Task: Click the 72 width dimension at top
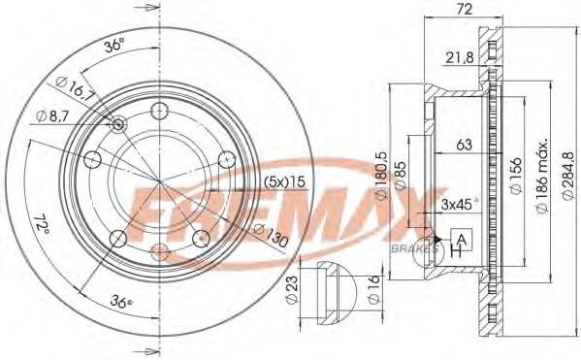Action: click(465, 9)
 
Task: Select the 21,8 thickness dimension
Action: click(460, 57)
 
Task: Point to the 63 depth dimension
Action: click(464, 145)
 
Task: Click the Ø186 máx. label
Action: click(542, 177)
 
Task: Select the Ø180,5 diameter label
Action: click(381, 176)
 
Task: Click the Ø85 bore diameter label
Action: click(401, 176)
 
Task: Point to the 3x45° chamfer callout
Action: click(460, 204)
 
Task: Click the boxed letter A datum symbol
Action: click(462, 240)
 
